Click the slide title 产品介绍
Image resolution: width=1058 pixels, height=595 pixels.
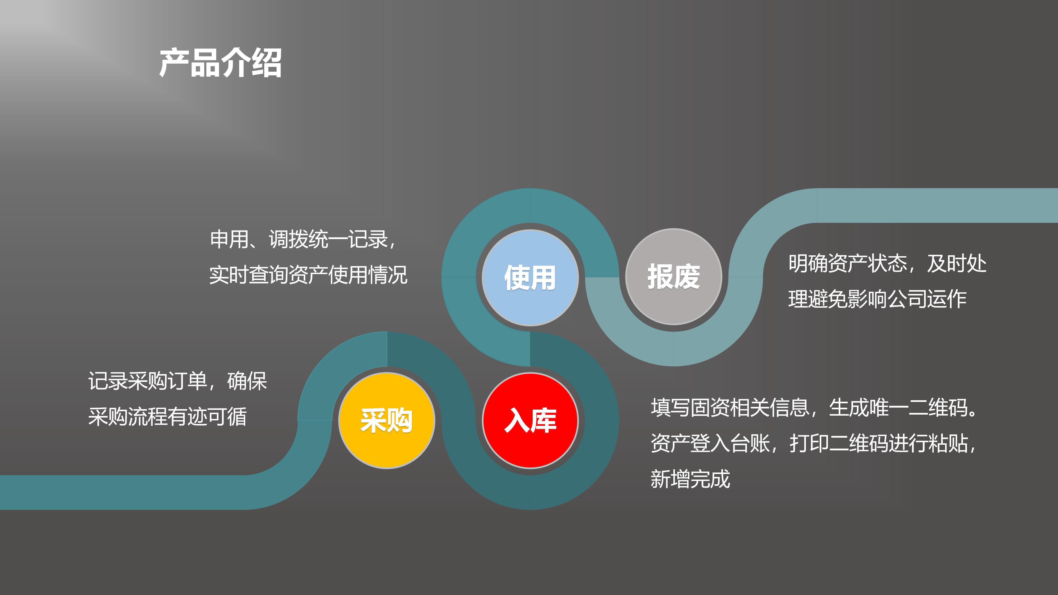pos(220,63)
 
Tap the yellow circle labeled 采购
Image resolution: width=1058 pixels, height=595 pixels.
pos(387,420)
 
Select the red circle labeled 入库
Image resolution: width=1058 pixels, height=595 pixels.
pos(530,420)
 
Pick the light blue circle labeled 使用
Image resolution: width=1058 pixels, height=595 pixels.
pos(530,278)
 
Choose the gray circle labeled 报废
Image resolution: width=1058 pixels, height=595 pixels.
pos(674,276)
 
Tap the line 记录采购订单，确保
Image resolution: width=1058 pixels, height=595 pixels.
pos(178,381)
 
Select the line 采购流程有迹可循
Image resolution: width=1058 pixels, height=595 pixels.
pos(168,416)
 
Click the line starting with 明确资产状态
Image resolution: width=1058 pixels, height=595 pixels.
pos(887,263)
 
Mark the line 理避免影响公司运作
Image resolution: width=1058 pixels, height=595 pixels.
pos(877,299)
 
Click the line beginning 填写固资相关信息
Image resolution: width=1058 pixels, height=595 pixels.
pos(815,407)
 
